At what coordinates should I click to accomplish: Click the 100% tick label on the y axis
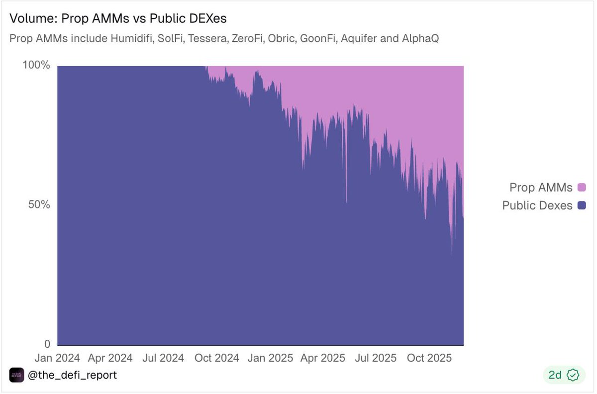[x=36, y=66]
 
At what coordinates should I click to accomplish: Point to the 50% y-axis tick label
[x=38, y=205]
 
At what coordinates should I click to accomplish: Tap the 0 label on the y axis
[x=47, y=344]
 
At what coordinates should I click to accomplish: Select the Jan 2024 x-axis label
[x=58, y=358]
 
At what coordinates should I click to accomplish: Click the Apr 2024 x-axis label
[x=110, y=358]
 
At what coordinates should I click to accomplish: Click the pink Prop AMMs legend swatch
[x=582, y=188]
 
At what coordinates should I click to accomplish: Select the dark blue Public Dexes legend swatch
[x=582, y=205]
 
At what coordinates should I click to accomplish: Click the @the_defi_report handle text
[x=73, y=375]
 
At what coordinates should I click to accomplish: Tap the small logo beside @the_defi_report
[x=16, y=375]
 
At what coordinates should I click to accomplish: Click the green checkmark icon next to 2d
[x=574, y=375]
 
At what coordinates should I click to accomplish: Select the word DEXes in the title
[x=205, y=19]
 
